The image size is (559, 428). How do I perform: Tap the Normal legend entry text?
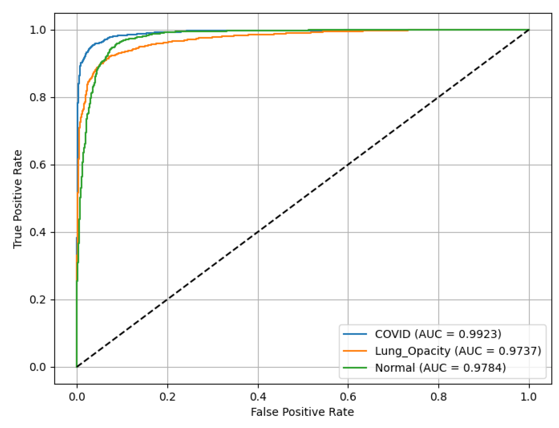tap(440, 368)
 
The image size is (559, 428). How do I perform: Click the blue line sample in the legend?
tap(355, 334)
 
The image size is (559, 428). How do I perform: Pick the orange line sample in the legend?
tap(355, 351)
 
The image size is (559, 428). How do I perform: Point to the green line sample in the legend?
tap(355, 368)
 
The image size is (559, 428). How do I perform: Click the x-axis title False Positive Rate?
tap(302, 412)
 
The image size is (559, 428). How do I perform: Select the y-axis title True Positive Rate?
tap(18, 199)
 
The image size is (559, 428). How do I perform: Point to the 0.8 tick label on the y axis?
tap(38, 97)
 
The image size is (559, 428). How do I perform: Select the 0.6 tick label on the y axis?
tap(38, 165)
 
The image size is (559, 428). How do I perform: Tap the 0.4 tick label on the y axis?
tap(38, 232)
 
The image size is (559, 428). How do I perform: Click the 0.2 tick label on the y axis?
tap(38, 300)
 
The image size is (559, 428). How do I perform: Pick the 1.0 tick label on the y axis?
tap(38, 30)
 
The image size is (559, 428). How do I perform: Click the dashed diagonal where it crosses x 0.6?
tap(348, 165)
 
